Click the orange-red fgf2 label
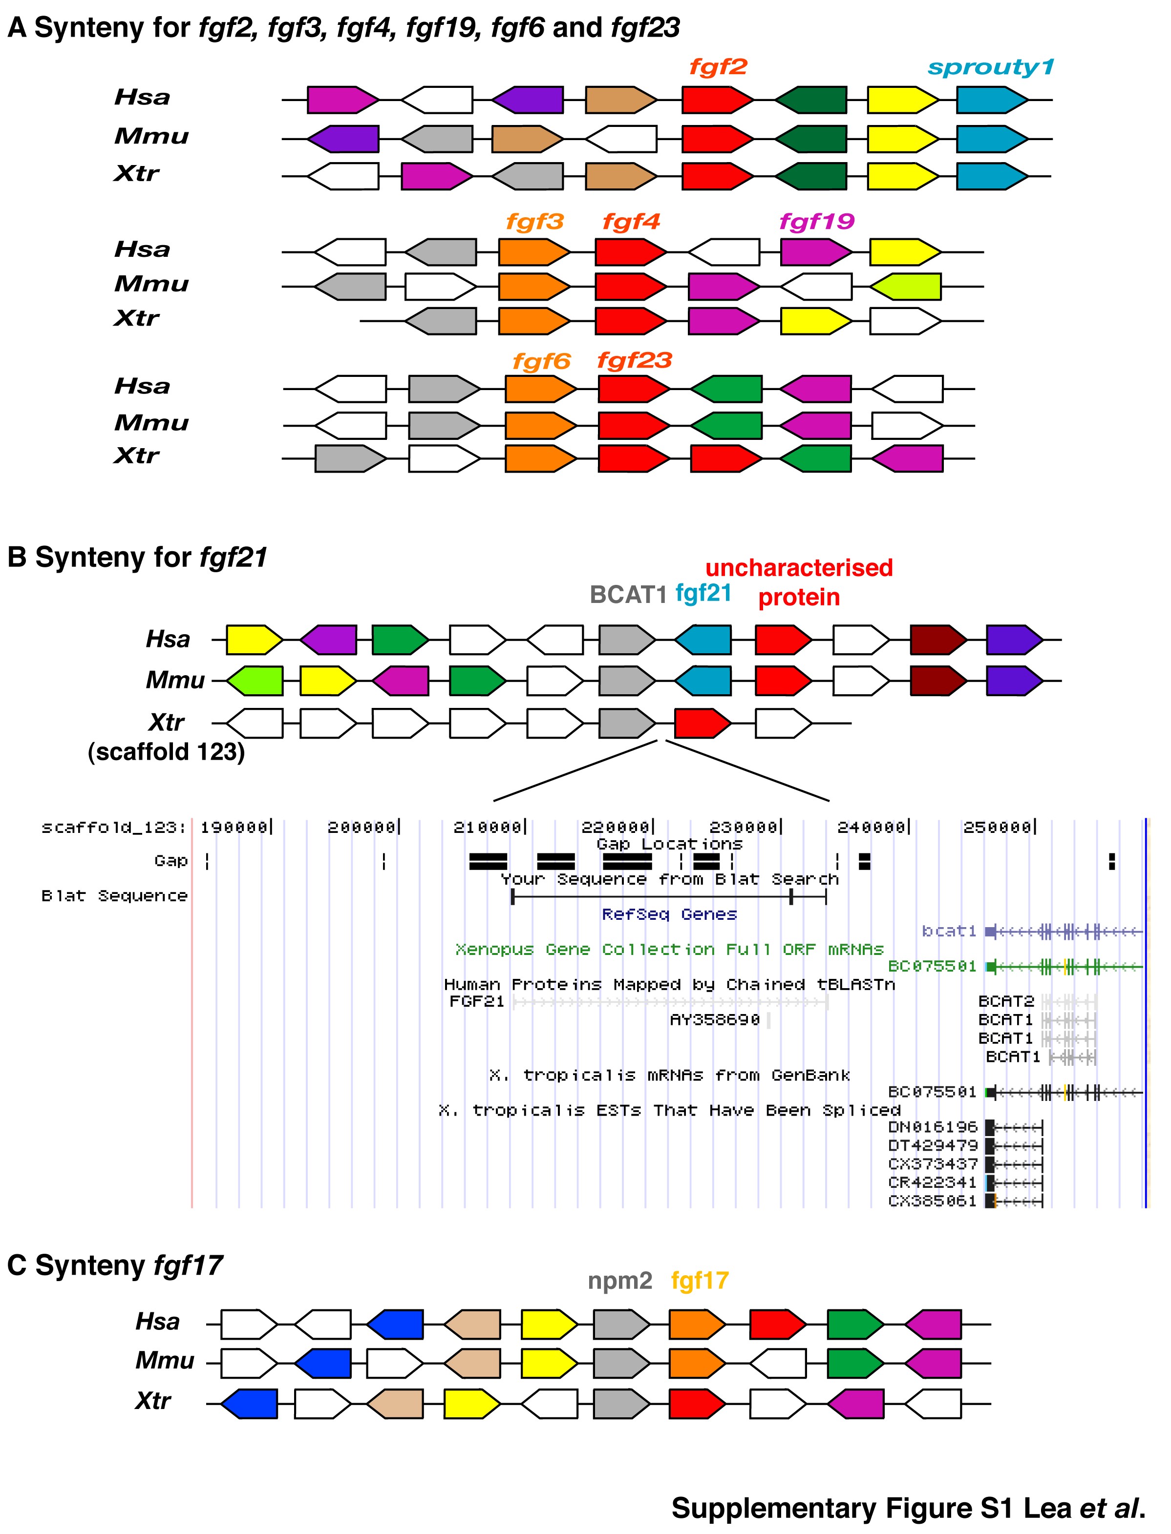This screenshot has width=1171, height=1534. coord(718,67)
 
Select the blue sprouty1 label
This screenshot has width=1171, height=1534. coord(990,67)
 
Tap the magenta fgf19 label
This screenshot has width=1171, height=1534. coord(816,222)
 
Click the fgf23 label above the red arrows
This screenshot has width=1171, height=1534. coord(634,360)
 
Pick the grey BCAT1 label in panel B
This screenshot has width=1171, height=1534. coord(628,594)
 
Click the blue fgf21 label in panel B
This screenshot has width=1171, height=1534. coord(704,593)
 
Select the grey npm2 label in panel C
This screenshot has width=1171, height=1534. coord(619,1281)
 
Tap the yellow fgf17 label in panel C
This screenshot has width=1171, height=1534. coord(700,1281)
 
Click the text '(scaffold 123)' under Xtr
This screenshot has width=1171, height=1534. coord(166,752)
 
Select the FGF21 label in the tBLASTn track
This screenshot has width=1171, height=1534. coord(476,1002)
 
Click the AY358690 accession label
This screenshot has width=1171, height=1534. coord(714,1020)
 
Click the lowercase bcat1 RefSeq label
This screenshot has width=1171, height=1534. coord(949,931)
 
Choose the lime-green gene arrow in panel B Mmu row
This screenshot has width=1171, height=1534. coord(255,681)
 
